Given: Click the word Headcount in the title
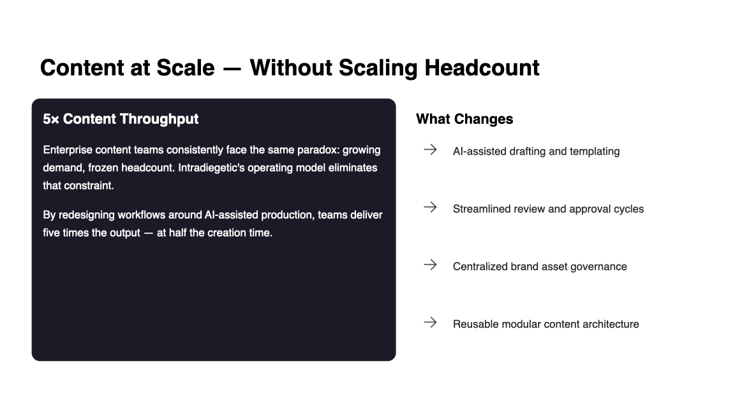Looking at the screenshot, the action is coord(482,68).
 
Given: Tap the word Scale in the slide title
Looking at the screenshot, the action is coord(185,68).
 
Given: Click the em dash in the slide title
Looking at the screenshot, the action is coord(232,69).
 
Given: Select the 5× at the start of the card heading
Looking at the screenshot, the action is coord(51,119).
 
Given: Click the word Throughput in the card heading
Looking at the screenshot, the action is coord(161,119).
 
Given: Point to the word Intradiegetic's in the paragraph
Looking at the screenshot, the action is coord(211,167).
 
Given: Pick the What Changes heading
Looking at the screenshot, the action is coord(464,119).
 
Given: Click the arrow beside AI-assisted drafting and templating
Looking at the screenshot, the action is coord(430,149).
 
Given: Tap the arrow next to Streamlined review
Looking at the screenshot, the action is coord(430,207).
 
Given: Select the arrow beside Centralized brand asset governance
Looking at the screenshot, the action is coord(430,264).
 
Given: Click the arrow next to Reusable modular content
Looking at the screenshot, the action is coord(430,322).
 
